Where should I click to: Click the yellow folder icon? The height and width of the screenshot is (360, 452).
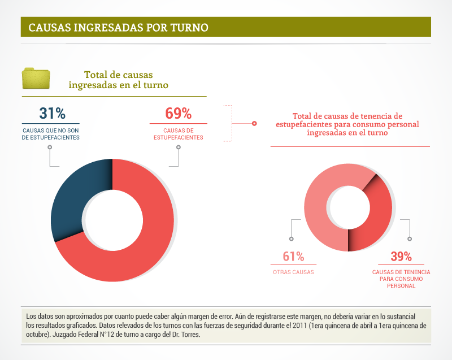tap(36, 79)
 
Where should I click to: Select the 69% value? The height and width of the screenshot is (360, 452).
tap(178, 113)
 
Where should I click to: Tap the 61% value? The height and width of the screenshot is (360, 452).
tap(293, 257)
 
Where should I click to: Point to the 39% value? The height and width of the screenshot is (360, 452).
tap(401, 257)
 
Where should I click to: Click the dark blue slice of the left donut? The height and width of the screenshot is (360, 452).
tap(71, 198)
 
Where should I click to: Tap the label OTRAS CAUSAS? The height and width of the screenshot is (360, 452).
tap(293, 272)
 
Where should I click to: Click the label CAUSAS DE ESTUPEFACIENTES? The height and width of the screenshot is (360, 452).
tap(178, 134)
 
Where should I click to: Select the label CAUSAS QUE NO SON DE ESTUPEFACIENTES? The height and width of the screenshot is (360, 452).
tap(50, 134)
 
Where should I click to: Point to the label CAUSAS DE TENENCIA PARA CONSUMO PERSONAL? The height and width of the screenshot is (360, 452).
tap(401, 279)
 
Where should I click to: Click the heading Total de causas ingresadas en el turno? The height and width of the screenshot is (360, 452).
tap(118, 80)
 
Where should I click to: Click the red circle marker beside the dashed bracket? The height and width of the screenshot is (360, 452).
tap(254, 123)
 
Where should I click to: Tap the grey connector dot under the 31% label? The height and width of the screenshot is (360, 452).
tap(50, 148)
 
